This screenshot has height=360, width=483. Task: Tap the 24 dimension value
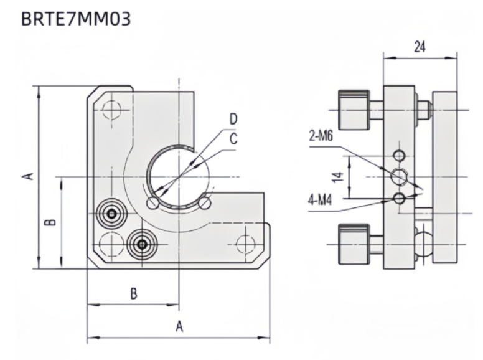click(x=420, y=47)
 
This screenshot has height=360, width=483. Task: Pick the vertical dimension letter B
click(x=52, y=222)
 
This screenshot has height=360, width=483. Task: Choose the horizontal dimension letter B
click(x=133, y=294)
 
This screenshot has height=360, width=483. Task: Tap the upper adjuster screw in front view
click(x=111, y=214)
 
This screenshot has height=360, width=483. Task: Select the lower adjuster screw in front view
click(x=143, y=245)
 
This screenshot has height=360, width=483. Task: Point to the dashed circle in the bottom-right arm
click(x=246, y=243)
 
